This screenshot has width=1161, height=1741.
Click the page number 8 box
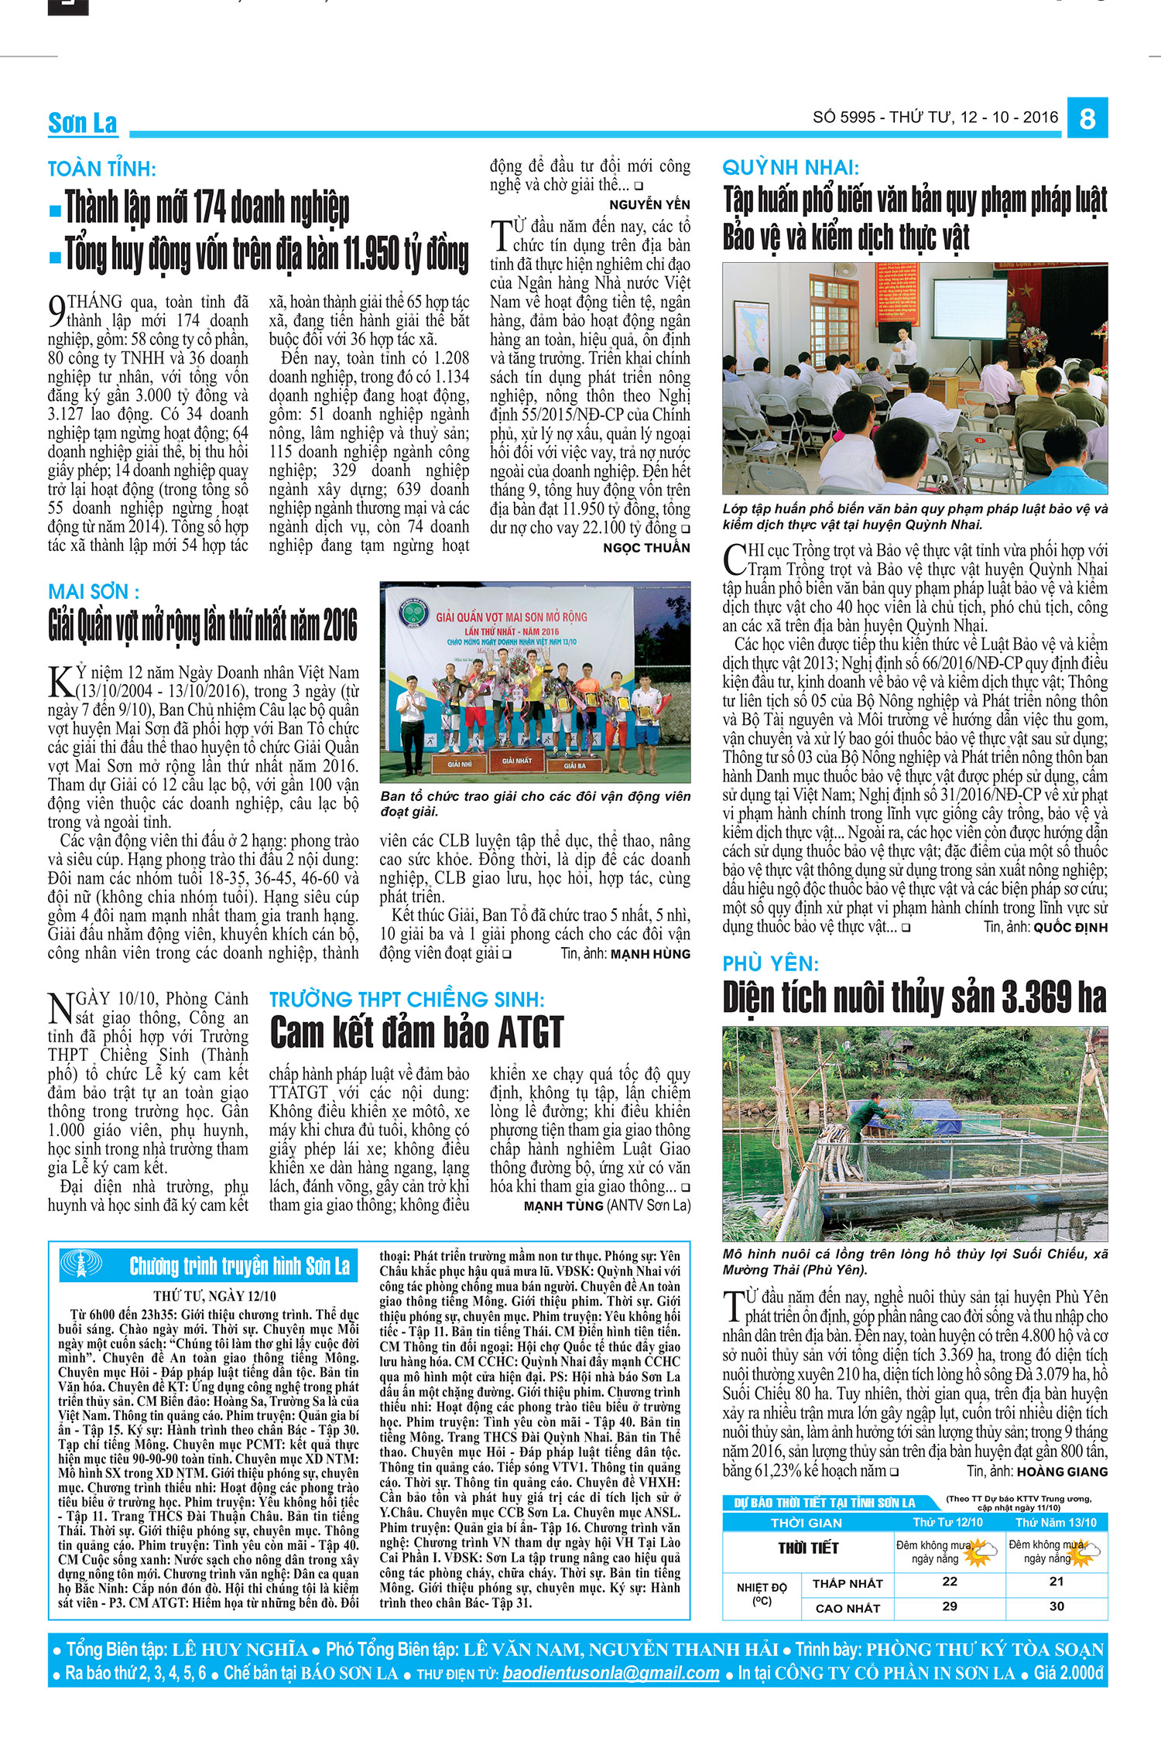pos(1087,118)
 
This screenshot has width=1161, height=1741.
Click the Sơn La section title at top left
pos(82,123)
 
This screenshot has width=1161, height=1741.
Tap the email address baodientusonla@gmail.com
pos(611,1672)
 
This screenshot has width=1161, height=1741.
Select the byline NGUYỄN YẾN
pos(649,204)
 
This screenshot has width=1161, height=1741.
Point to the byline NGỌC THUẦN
pos(646,548)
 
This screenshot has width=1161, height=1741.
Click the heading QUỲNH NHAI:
pos(790,167)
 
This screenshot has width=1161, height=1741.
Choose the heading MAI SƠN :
pos(94,592)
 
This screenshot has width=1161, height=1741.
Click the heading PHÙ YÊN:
pos(770,963)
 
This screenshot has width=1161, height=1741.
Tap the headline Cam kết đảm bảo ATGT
pos(416,1032)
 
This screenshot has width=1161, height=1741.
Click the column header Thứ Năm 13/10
pos(1056,1522)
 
